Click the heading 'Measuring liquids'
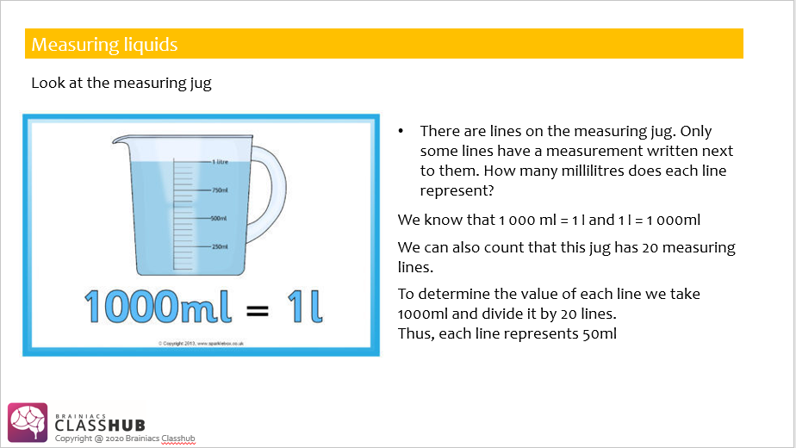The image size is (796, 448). point(104,44)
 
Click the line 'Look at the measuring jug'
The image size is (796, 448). point(121,84)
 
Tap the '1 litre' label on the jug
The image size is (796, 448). point(220,161)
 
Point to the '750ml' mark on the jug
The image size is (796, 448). point(219,190)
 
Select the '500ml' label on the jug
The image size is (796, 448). point(219,218)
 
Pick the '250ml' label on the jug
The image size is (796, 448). point(219,246)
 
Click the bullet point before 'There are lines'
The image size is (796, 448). point(401,131)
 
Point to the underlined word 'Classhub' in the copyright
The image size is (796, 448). point(178,439)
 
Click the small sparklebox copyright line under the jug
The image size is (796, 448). point(200,344)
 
